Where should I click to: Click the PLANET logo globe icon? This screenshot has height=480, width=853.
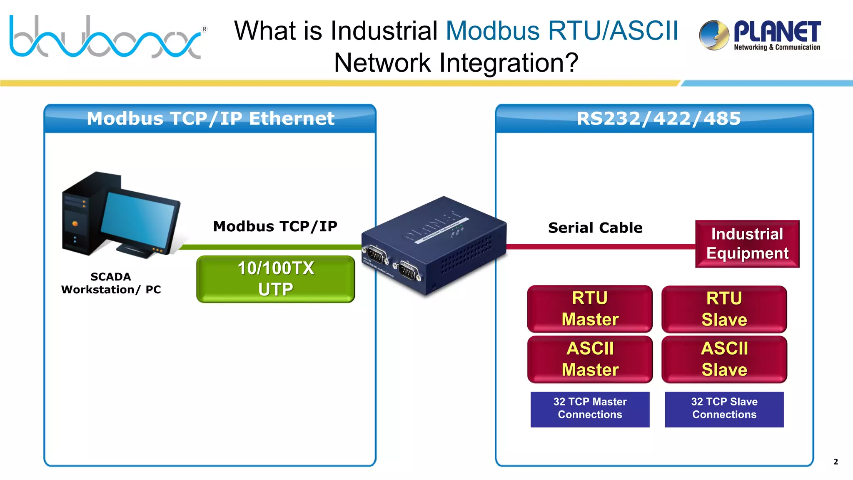point(714,35)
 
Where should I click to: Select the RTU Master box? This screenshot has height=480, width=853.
point(590,309)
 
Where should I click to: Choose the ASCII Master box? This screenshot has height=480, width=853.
point(590,359)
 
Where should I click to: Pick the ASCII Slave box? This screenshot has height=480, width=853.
point(724,359)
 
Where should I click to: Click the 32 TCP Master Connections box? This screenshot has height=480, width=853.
point(590,409)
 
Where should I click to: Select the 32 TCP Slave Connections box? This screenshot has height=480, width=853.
point(724,409)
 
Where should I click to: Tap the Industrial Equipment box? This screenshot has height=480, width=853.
point(747,244)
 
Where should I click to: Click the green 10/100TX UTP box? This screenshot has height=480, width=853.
point(275,279)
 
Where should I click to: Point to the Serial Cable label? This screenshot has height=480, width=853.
point(595,228)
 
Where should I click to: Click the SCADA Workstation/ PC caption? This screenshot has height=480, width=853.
point(111,283)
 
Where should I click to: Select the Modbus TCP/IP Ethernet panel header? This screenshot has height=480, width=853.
point(210,119)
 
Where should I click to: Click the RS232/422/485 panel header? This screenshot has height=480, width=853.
point(658,119)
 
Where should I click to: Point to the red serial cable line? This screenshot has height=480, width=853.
point(600,247)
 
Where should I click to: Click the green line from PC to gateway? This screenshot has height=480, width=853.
point(271,247)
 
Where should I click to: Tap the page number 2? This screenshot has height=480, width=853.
point(836,462)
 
